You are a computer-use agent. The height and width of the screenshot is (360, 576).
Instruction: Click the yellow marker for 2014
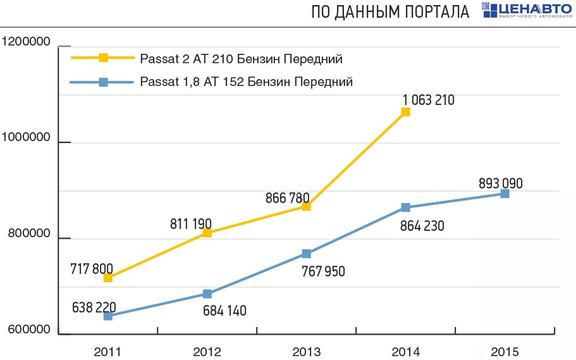coord(405,112)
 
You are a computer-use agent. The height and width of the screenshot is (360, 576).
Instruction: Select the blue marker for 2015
coord(505,194)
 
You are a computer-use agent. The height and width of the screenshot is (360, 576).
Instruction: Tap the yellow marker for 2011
coord(107,278)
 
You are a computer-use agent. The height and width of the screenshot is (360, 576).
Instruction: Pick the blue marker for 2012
coord(207,294)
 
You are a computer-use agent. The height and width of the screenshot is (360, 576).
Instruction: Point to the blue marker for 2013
coord(306,254)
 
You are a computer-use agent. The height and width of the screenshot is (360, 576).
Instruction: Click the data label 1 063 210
coord(428,99)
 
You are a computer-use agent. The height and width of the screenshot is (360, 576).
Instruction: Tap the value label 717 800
coord(92,269)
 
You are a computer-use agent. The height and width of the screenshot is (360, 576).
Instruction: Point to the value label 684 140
coord(224,311)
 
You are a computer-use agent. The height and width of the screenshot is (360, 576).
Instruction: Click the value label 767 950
coord(323,271)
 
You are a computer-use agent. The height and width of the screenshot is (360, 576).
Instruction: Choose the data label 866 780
coord(288,198)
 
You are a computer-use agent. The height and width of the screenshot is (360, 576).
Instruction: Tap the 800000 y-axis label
coord(28,235)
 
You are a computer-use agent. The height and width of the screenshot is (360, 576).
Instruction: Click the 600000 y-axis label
coord(28,330)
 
